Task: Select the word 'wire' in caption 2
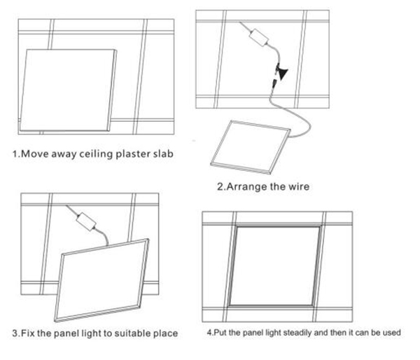click(297, 186)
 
